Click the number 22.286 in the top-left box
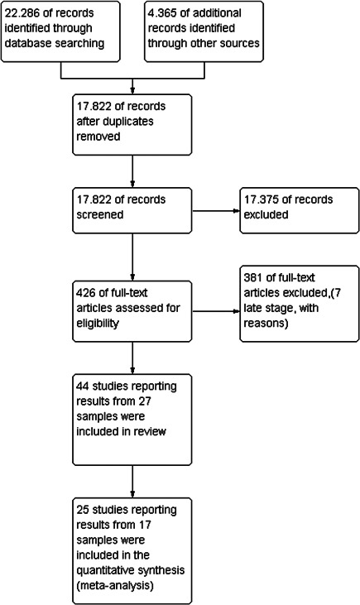click(22, 13)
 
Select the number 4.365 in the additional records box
click(162, 13)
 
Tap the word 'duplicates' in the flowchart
click(115, 121)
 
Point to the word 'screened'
click(100, 214)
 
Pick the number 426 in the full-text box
click(86, 293)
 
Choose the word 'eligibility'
click(97, 324)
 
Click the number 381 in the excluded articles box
click(252, 277)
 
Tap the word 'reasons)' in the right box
click(266, 324)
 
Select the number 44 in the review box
click(82, 387)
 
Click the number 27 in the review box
click(145, 401)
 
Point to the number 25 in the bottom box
click(82, 510)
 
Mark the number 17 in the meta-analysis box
click(145, 525)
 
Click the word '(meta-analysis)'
click(115, 586)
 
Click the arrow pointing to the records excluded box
click(216, 211)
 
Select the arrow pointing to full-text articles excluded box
click(216, 311)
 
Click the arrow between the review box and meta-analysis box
click(132, 482)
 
